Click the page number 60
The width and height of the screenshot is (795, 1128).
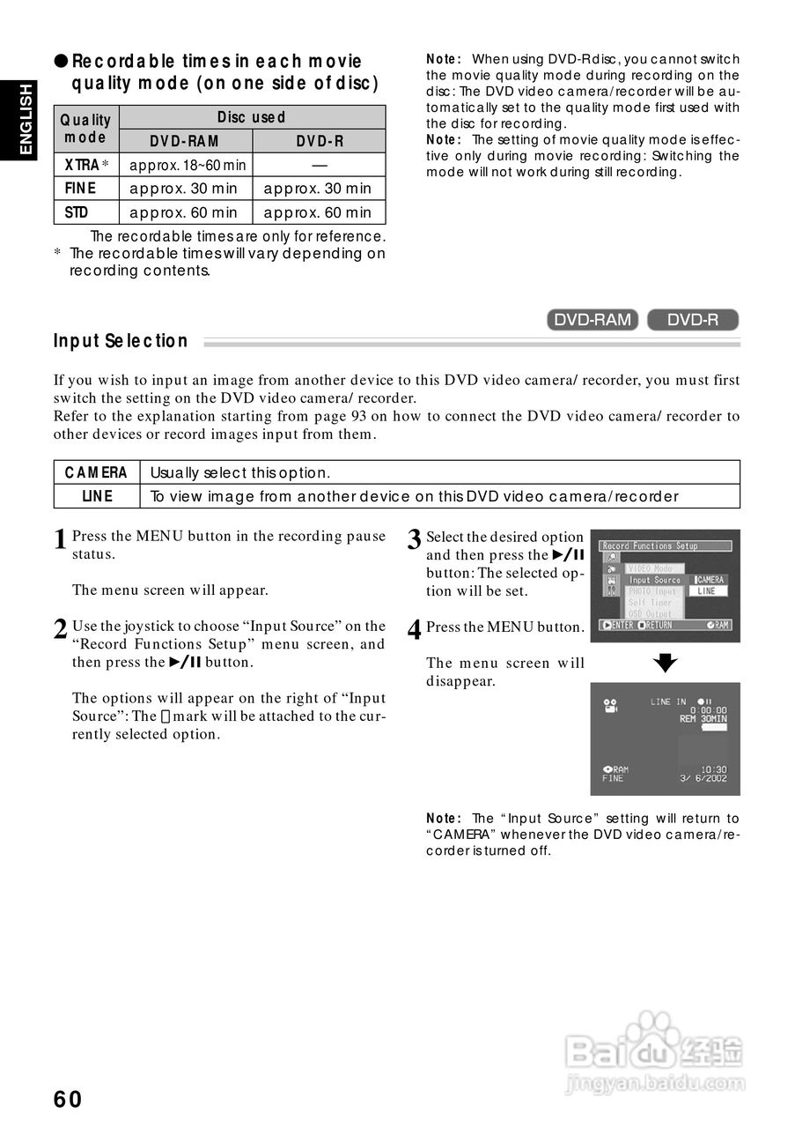68,1099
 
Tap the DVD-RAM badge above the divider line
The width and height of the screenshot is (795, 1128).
593,320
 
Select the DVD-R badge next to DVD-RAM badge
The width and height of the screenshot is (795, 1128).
693,320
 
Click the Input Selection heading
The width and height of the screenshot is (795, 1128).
121,341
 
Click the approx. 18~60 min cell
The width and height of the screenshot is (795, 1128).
187,165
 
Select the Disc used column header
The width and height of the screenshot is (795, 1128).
251,117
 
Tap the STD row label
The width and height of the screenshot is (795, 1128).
77,212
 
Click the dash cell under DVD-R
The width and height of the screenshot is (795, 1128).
319,165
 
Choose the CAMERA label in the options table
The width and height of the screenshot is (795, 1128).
97,472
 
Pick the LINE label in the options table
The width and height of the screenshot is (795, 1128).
97,496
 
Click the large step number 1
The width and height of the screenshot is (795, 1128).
60,539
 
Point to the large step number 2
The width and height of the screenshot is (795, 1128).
60,629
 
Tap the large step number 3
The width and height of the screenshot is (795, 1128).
415,540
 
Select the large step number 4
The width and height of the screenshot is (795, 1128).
415,630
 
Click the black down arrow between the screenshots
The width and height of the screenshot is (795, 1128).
666,663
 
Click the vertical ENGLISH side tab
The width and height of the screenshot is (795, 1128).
26,119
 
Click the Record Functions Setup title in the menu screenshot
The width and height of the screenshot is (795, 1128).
650,546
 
